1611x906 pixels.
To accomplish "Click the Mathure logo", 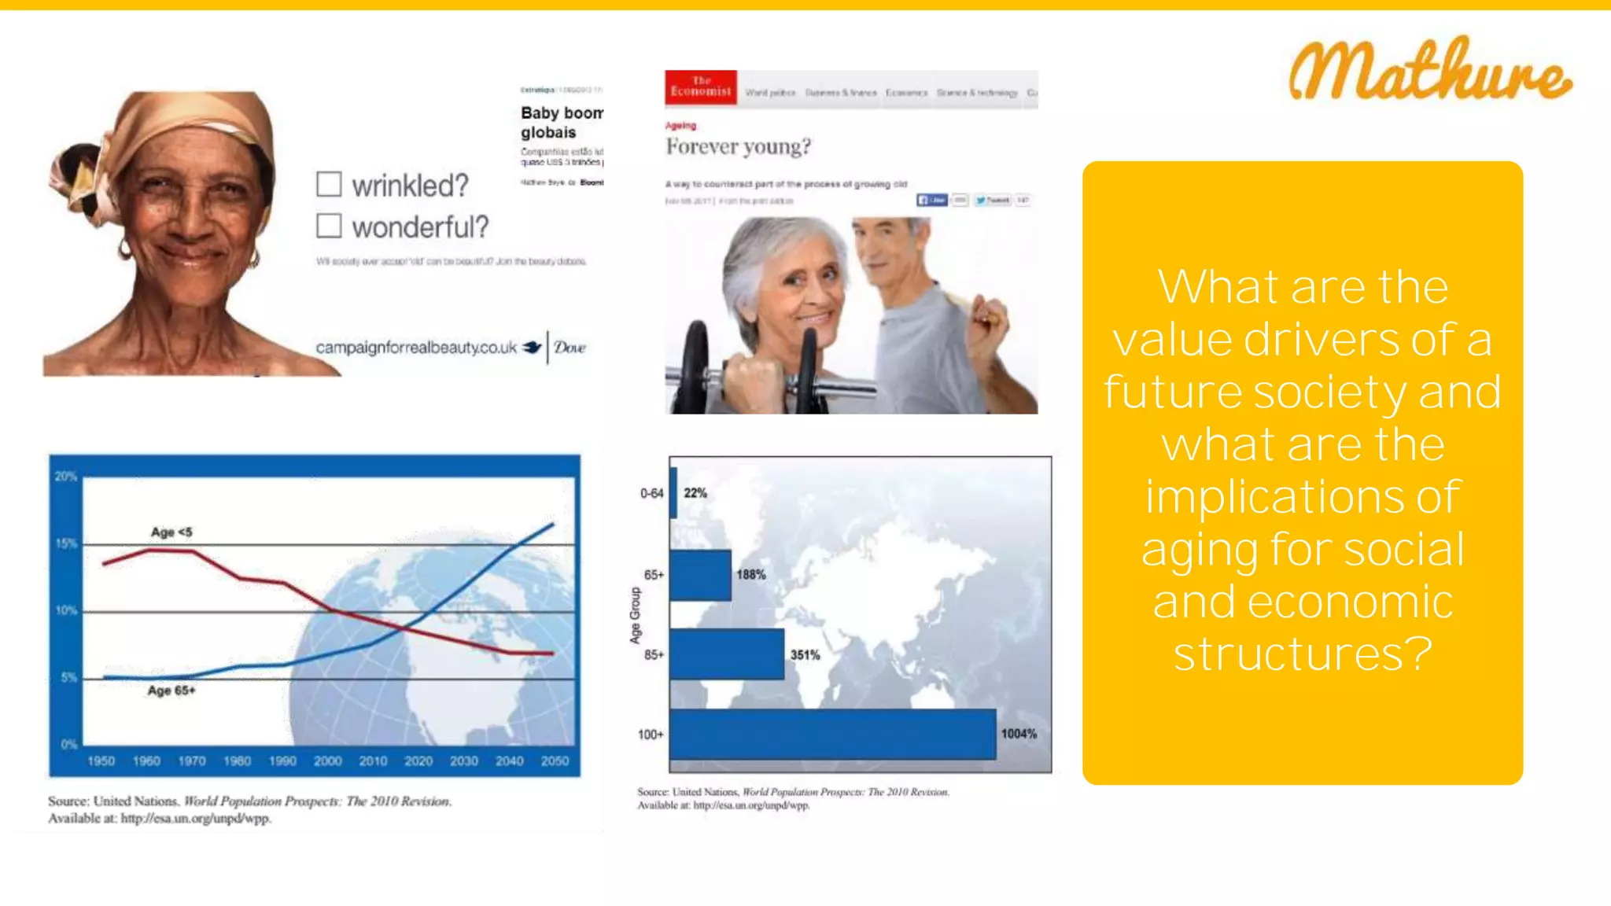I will pyautogui.click(x=1429, y=71).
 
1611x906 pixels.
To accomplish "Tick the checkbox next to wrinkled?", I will pyautogui.click(x=329, y=184).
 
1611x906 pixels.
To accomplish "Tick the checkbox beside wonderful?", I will pyautogui.click(x=329, y=226).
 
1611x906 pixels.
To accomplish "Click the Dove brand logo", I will pyautogui.click(x=570, y=347).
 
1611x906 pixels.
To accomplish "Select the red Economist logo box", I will pyautogui.click(x=701, y=87).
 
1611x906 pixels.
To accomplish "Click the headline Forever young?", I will pyautogui.click(x=738, y=146).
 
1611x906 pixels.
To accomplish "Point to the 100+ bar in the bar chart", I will pyautogui.click(x=832, y=734).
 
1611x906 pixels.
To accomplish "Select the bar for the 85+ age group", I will pyautogui.click(x=727, y=654).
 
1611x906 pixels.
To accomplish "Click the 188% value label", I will pyautogui.click(x=750, y=575).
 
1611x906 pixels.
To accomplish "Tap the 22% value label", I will pyautogui.click(x=695, y=493).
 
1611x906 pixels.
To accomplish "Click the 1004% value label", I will pyautogui.click(x=1019, y=734).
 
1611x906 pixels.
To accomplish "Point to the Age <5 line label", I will pyautogui.click(x=171, y=532).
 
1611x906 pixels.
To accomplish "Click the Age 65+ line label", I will pyautogui.click(x=171, y=691).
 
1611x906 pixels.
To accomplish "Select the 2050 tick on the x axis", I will pyautogui.click(x=555, y=761).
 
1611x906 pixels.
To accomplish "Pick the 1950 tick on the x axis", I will pyautogui.click(x=101, y=761).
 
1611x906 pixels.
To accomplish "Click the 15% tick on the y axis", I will pyautogui.click(x=66, y=543).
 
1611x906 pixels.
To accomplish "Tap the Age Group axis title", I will pyautogui.click(x=635, y=615).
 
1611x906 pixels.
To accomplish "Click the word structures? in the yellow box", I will pyautogui.click(x=1302, y=654).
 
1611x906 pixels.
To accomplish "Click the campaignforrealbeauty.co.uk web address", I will pyautogui.click(x=416, y=347).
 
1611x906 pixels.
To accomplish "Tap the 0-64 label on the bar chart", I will pyautogui.click(x=651, y=493).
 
